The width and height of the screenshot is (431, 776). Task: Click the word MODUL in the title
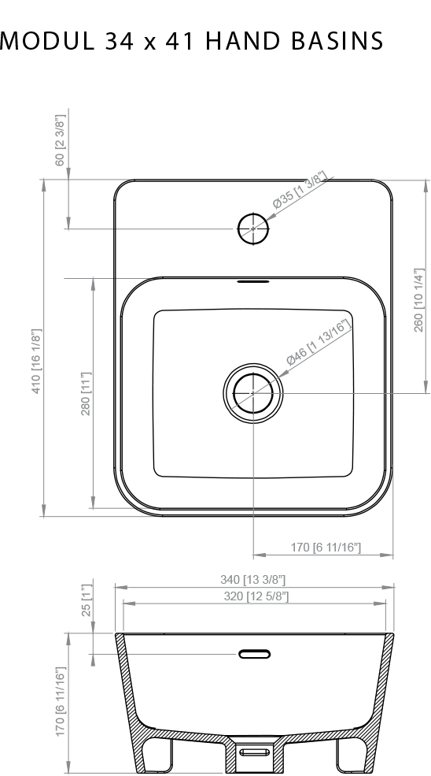(47, 41)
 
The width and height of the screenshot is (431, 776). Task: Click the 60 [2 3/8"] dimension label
(59, 140)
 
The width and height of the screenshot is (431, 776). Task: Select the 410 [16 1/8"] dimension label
(36, 362)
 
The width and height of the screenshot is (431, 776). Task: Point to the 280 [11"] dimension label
(86, 394)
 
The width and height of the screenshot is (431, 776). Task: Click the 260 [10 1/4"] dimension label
(418, 300)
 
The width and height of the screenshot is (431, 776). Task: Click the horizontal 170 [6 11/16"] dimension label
(326, 548)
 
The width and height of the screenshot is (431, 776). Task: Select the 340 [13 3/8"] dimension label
(253, 580)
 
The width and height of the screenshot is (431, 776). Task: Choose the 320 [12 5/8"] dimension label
(256, 596)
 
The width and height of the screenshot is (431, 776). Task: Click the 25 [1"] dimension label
(87, 600)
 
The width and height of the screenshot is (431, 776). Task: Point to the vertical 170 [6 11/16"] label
(60, 702)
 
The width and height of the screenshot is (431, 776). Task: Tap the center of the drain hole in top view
(253, 393)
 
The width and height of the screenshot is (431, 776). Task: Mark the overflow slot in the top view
(253, 281)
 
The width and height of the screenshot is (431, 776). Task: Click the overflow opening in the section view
(255, 654)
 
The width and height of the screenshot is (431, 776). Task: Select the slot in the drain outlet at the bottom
(255, 752)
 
